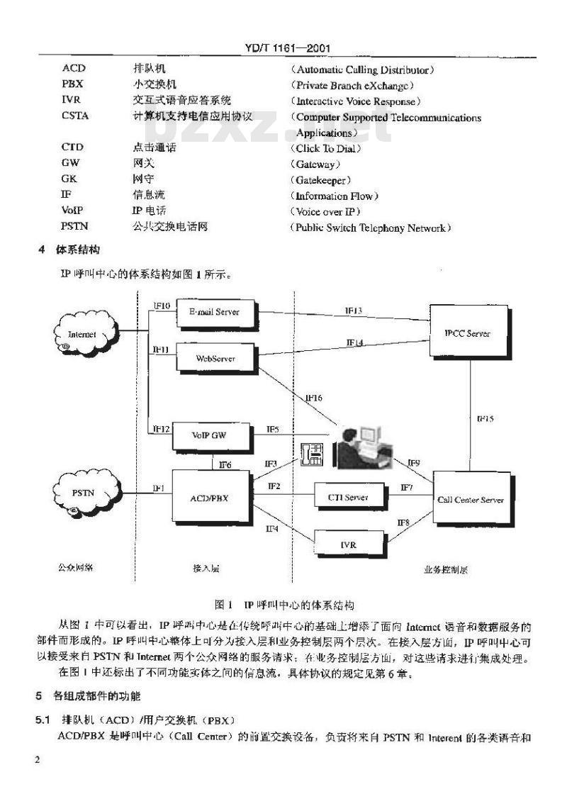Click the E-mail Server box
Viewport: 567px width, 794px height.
click(213, 312)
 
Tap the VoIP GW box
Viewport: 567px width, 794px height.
click(212, 434)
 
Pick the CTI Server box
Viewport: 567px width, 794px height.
click(347, 498)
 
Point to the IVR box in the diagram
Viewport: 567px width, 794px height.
click(347, 544)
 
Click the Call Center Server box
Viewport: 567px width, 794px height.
click(471, 500)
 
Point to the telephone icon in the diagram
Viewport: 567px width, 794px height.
click(312, 454)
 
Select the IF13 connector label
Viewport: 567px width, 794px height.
click(354, 311)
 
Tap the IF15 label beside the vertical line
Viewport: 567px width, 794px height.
click(485, 418)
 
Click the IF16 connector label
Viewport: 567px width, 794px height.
click(313, 398)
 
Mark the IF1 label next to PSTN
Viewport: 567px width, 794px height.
click(159, 488)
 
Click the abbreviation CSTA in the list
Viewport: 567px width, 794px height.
click(75, 116)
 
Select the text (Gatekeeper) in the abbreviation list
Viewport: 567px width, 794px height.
click(320, 180)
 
